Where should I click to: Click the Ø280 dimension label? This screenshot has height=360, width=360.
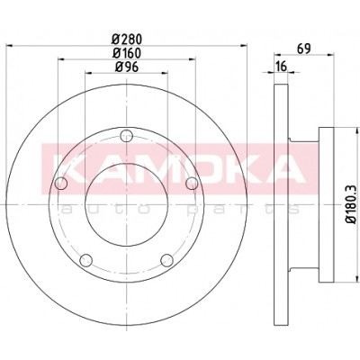(126, 39)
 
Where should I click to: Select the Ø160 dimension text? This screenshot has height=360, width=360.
(126, 53)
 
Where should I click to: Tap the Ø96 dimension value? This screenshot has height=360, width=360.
(127, 67)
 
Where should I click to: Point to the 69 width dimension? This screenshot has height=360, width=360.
(303, 49)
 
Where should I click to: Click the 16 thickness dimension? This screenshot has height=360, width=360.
(282, 67)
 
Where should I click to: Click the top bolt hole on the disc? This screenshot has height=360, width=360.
(126, 136)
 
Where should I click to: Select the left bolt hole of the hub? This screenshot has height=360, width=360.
(61, 184)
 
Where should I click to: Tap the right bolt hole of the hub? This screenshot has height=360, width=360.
(192, 184)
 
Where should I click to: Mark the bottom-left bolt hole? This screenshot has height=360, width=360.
(86, 260)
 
